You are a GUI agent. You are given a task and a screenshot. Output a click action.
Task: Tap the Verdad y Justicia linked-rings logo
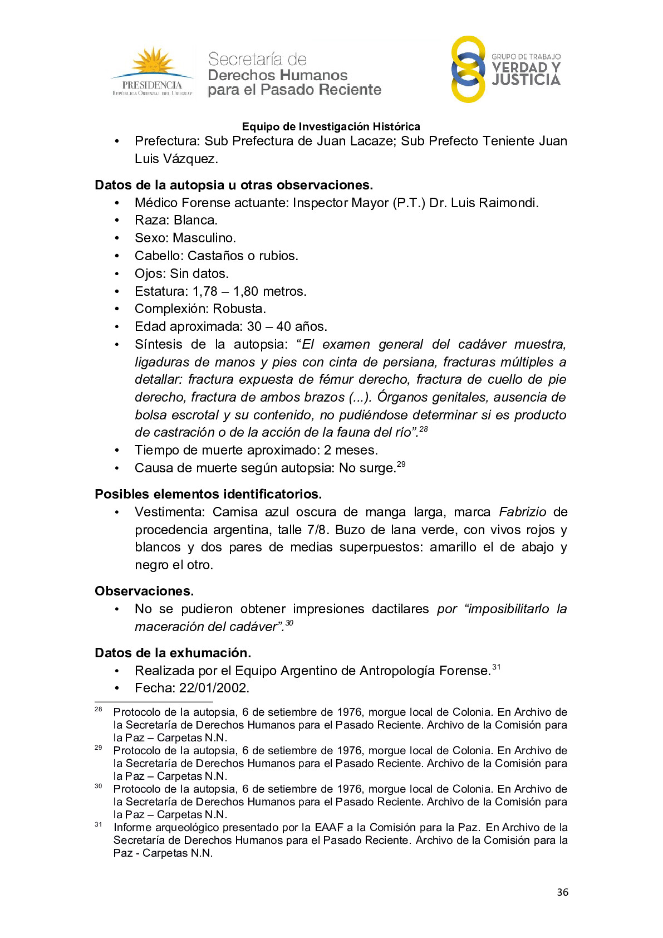[468, 70]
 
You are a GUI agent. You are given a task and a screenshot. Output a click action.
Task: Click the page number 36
[562, 892]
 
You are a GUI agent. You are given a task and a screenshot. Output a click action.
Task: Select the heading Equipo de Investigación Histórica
[331, 126]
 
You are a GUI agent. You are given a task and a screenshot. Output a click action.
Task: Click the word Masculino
[204, 238]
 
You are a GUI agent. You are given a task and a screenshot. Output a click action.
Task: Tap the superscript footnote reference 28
[424, 429]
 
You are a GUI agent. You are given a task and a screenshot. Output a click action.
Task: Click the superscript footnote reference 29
[401, 464]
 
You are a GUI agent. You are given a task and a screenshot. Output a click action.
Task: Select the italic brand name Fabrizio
[522, 512]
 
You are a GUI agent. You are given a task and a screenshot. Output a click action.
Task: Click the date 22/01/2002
[214, 688]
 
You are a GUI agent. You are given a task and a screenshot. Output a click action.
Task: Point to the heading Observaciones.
[144, 591]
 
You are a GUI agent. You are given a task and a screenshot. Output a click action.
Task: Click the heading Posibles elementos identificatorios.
[208, 494]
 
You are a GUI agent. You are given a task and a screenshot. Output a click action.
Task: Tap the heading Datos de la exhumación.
[173, 653]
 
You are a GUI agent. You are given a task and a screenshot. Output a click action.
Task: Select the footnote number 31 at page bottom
[99, 824]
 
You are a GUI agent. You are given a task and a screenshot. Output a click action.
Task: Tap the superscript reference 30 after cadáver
[289, 623]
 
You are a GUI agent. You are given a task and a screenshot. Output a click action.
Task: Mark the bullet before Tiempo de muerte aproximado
[117, 451]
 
